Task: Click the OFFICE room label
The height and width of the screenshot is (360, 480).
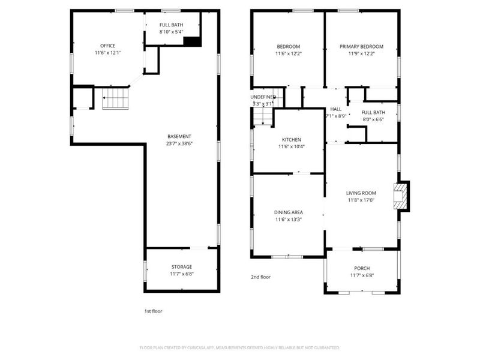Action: point(108,46)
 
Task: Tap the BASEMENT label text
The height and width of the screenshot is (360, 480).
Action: point(179,136)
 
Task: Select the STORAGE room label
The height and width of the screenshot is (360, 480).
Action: point(181,267)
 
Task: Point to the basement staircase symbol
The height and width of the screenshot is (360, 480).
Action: point(115,98)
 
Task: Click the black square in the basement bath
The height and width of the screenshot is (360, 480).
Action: point(191,41)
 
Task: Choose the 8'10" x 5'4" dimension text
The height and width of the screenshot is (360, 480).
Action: point(171,32)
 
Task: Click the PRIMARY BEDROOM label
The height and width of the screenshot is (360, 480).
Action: point(361,46)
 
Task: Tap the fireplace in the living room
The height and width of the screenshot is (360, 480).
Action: point(400,196)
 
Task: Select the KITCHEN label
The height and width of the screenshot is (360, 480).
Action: point(291,140)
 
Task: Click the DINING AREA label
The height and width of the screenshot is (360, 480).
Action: point(288,212)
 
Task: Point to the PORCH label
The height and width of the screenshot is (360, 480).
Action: point(361,268)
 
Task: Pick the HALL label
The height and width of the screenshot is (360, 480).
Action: point(335,109)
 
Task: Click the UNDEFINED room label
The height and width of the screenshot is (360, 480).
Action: point(263,97)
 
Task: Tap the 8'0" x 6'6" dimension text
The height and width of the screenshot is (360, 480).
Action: point(374,119)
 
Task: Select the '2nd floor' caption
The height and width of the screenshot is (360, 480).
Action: point(261,277)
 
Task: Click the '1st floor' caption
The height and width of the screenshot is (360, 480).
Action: point(153,311)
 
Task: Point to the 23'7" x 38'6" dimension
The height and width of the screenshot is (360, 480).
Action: point(179,143)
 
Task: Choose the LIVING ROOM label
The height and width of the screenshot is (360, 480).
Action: point(361,193)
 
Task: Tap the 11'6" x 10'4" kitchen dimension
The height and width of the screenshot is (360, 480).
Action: point(291,147)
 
